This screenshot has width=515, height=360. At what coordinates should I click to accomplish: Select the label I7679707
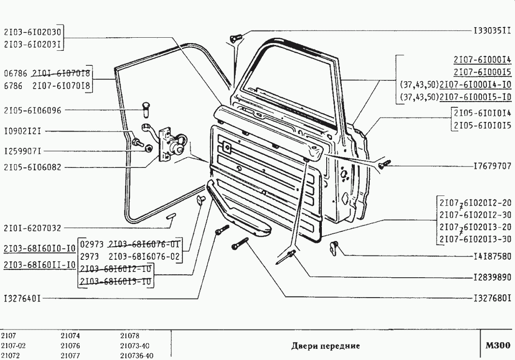coord(492,166)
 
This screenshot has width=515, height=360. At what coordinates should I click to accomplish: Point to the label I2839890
coord(492,278)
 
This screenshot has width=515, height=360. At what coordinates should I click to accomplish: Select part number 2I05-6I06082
coord(32,167)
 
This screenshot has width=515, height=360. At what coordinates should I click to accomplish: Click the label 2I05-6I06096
coord(32,110)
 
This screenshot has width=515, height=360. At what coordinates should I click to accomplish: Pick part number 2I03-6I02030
coord(32,33)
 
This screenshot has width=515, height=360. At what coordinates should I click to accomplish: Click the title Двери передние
coord(325,345)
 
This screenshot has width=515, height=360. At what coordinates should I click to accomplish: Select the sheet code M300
coord(498,345)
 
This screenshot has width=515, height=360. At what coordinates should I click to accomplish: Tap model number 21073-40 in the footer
coord(134,345)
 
